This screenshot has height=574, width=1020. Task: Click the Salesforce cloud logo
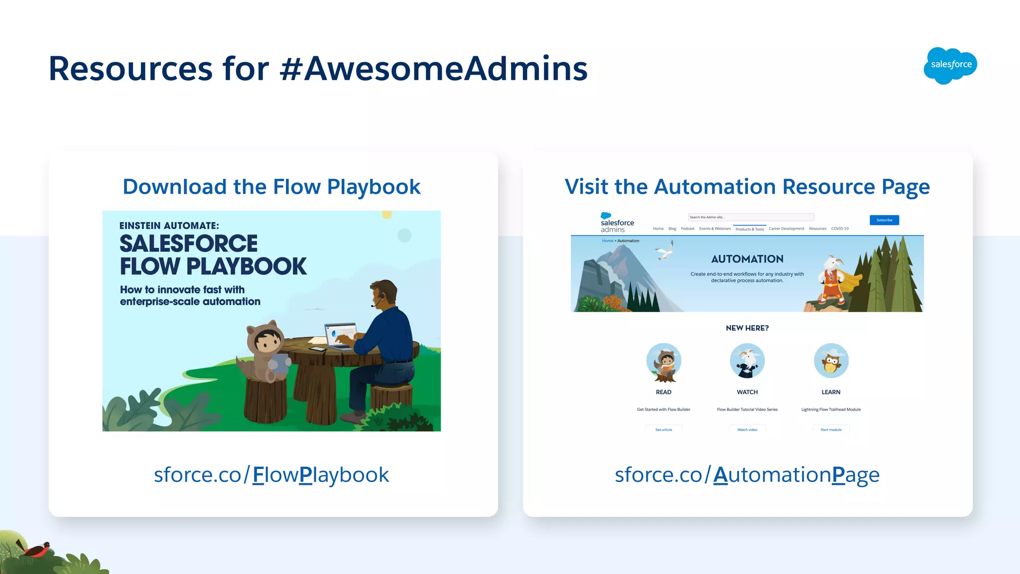[950, 65]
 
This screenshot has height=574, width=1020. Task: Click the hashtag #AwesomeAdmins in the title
[433, 69]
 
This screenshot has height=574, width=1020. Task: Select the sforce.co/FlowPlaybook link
[271, 475]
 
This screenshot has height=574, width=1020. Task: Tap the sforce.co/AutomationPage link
[747, 475]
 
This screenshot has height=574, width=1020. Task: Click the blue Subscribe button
[884, 220]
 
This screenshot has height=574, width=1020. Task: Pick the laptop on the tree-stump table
[341, 335]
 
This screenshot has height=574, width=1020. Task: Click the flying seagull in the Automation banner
[665, 250]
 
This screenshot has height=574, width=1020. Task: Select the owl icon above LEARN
[831, 361]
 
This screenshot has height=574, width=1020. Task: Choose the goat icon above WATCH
[747, 361]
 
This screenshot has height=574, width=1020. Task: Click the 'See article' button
[663, 430]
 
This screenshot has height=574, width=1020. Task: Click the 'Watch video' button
[747, 430]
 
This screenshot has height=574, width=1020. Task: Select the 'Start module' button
[831, 430]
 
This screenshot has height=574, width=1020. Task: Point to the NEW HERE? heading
[747, 328]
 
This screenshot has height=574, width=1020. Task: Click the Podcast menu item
[687, 229]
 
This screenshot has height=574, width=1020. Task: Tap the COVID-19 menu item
[840, 229]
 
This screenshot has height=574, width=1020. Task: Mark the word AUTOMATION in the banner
[747, 259]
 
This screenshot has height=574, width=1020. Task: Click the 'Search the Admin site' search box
[751, 217]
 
